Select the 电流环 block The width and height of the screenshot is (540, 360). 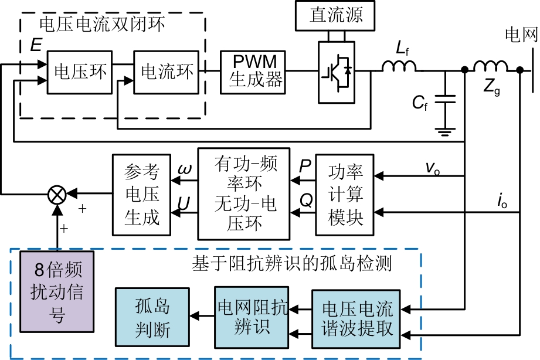[x=167, y=72]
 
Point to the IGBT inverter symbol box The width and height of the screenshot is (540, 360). [x=336, y=72]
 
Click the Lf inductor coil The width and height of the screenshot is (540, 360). [x=400, y=67]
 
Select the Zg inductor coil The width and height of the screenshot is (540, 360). [x=491, y=67]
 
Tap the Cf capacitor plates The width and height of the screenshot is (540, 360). [x=446, y=100]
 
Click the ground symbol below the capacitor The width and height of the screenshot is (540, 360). [x=446, y=131]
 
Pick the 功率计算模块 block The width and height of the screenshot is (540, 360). [x=345, y=196]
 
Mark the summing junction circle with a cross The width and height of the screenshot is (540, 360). [x=57, y=194]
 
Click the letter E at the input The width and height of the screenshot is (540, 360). [x=36, y=46]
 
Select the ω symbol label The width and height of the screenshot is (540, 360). [x=183, y=169]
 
